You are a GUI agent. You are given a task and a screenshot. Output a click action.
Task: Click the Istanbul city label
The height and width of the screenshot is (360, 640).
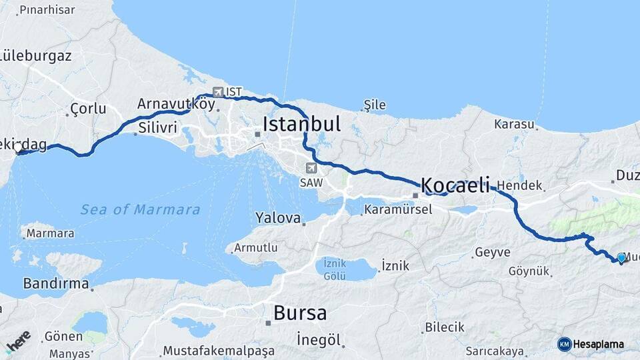pos(301,124)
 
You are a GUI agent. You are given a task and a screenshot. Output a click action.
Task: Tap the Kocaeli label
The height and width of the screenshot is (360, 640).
pos(455,185)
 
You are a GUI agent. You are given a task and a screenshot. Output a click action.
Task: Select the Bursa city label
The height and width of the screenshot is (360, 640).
pos(300,313)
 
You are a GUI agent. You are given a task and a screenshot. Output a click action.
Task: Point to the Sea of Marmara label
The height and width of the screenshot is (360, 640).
pos(140,210)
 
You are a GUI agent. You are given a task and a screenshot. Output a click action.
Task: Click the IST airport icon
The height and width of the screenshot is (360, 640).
pos(218,92)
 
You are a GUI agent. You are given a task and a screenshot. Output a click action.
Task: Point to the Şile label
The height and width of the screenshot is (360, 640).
pos(375,105)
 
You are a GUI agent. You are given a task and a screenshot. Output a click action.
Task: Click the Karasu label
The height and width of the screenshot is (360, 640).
pos(515,124)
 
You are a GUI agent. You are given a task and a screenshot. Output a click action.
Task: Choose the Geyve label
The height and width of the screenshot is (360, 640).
pos(492,253)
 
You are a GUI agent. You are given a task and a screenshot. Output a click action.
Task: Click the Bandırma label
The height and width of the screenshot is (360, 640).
pos(56,283)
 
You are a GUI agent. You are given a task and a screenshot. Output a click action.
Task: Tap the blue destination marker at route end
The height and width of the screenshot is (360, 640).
pos(621,257)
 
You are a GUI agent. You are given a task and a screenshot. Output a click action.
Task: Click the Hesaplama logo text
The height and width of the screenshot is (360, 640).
pos(598,344)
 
